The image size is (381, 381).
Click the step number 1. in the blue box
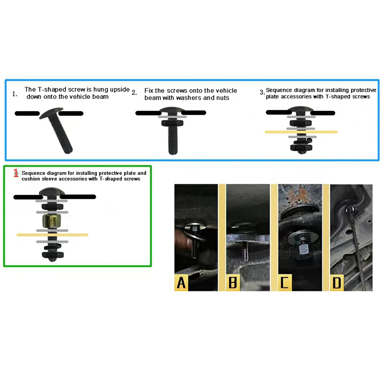coord(14,94)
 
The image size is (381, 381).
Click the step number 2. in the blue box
coord(134,93)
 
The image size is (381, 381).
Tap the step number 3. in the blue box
coord(262,92)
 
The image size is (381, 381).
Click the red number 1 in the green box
coord(16,173)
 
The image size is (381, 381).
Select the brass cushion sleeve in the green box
coord(52,221)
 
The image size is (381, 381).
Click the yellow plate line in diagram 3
coord(301,132)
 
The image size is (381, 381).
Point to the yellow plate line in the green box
coord(52,235)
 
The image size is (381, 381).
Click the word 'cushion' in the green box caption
coord(32,179)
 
